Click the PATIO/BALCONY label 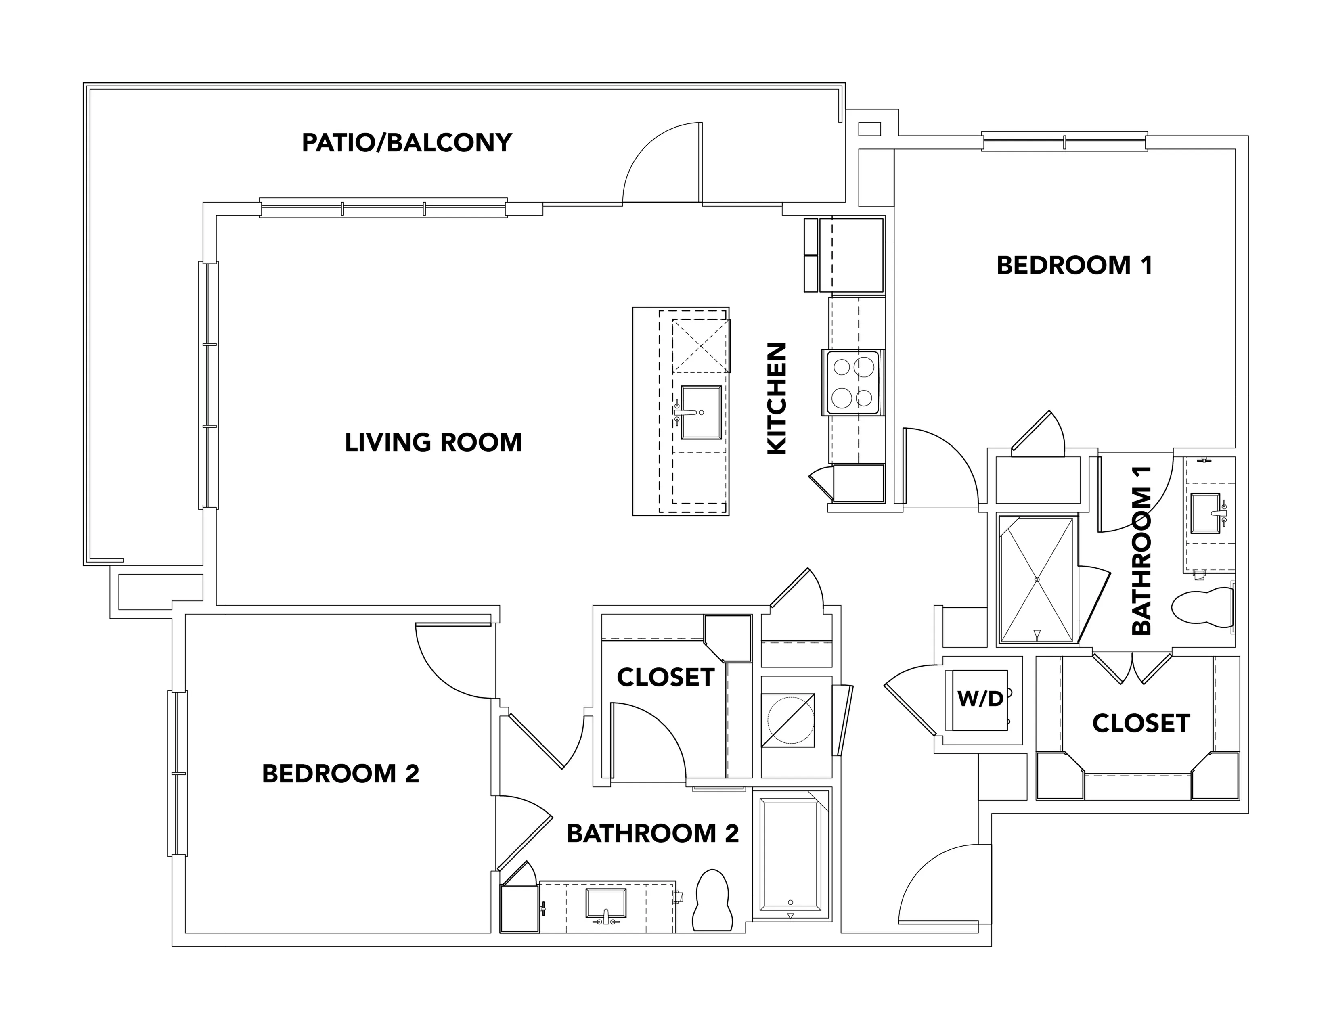407,142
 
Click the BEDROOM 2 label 341,774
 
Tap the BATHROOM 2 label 653,833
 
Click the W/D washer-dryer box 980,700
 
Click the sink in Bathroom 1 1206,513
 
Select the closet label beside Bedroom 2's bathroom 665,677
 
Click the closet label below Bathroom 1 1141,724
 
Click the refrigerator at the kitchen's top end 851,255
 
